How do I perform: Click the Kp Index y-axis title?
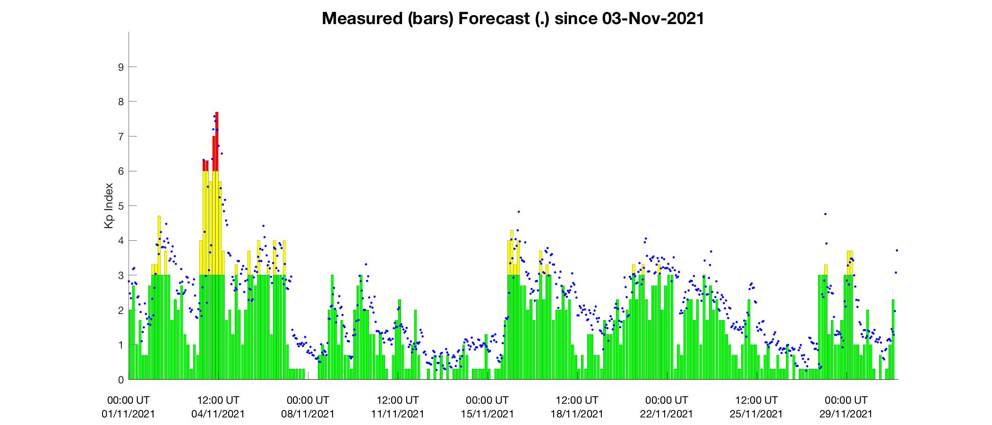(x=109, y=206)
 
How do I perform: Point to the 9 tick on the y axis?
(x=120, y=67)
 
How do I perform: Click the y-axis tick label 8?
(x=120, y=102)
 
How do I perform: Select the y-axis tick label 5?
(x=120, y=206)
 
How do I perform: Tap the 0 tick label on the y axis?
(x=120, y=380)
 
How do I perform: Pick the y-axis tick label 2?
(x=120, y=310)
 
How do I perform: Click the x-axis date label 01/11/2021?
(x=128, y=414)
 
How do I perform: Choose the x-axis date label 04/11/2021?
(x=218, y=414)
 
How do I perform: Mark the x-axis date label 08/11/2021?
(x=308, y=414)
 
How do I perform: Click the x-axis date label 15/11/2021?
(x=487, y=414)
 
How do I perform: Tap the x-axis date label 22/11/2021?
(x=667, y=414)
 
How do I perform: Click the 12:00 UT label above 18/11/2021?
(x=577, y=400)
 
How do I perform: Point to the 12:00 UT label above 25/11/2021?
(x=756, y=400)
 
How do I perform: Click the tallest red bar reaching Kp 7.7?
(x=217, y=141)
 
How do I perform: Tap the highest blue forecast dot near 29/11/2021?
(x=825, y=214)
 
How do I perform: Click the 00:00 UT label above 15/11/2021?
(x=487, y=400)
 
